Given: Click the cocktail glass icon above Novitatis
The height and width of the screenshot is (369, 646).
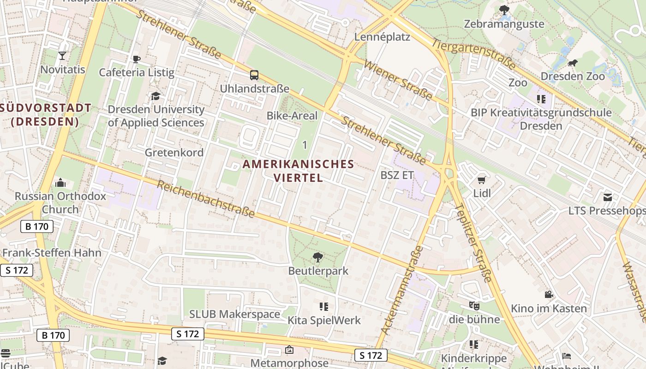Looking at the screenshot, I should tap(62, 56).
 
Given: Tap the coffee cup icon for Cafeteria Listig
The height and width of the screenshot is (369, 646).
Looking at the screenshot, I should tap(136, 59).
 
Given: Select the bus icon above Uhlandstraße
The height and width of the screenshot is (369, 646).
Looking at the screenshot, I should tap(254, 75).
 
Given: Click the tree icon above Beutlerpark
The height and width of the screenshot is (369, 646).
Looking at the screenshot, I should tap(318, 257).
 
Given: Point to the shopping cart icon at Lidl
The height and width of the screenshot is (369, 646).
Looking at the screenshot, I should tap(482, 180).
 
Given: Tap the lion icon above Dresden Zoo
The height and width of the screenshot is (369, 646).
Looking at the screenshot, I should tap(572, 63).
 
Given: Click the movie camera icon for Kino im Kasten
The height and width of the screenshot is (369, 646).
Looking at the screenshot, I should tap(549, 295).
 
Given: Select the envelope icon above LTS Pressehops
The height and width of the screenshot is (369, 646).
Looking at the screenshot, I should tap(608, 197).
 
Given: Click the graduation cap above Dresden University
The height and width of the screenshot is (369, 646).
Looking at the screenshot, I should tap(156, 96).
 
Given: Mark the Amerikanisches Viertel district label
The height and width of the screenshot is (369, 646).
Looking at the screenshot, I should tap(299, 171).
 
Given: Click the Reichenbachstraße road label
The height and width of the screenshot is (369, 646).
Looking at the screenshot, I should tap(206, 199).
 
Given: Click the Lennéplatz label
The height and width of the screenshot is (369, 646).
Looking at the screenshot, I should tap(382, 37).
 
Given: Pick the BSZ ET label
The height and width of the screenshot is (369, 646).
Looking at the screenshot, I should tap(397, 175).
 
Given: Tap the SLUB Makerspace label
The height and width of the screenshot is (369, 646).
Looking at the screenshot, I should tap(234, 314).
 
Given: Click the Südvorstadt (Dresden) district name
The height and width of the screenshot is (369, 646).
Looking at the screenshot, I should tap(45, 115).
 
